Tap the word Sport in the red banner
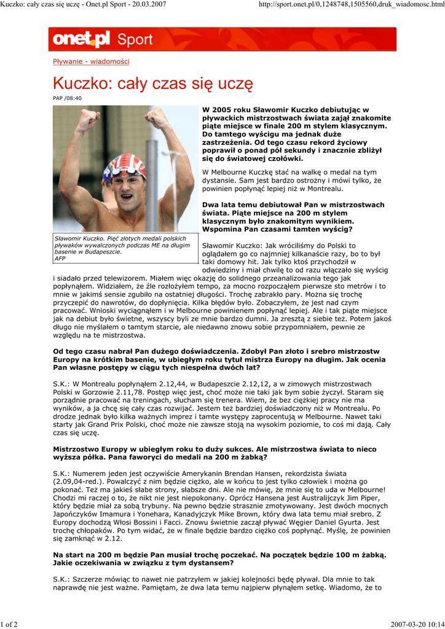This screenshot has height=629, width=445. click(x=135, y=40)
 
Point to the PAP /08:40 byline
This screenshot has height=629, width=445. click(x=67, y=98)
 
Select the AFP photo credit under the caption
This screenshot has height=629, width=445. click(x=60, y=259)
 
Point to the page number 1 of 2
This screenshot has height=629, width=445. click(x=9, y=625)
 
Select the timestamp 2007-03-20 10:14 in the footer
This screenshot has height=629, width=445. click(x=417, y=625)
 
